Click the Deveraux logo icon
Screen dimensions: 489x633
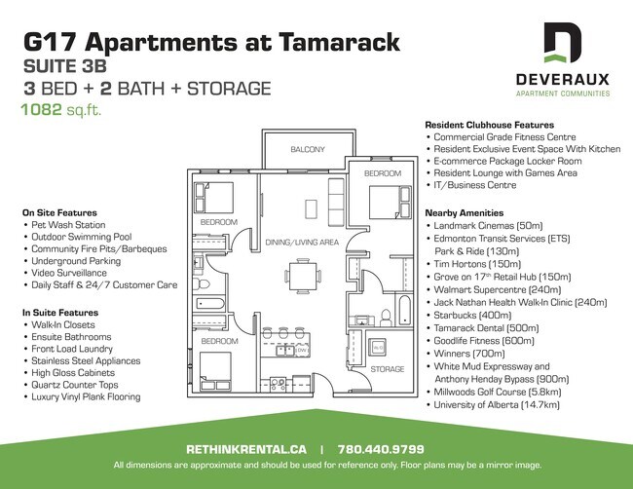pos(565,44)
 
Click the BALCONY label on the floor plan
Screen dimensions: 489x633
pos(308,149)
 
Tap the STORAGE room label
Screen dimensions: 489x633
pos(387,369)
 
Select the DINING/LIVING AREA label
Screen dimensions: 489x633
pos(301,243)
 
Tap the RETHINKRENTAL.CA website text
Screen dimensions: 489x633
pos(246,449)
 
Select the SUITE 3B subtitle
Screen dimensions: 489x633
pos(65,66)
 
